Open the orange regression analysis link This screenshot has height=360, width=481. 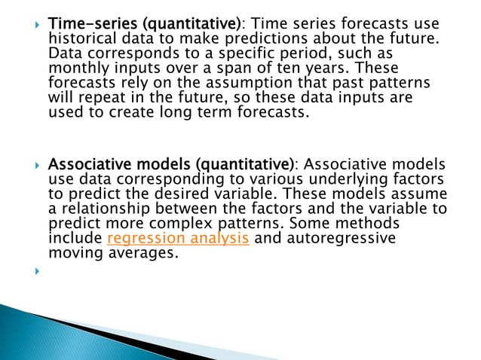(x=179, y=239)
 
